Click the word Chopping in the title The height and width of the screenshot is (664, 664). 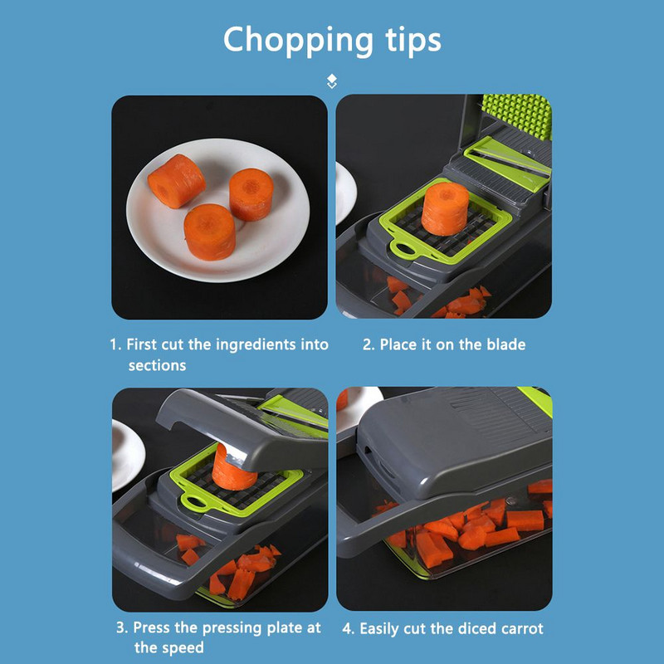pos(298,41)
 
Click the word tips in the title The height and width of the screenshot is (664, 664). pos(413,40)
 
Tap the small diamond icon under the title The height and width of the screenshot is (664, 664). pos(332,81)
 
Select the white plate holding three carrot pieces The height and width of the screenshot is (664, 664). pos(218,210)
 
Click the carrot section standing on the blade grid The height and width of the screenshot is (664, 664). pos(445,209)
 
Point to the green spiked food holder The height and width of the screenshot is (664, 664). pos(517,115)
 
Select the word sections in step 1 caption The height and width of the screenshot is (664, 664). pos(157,365)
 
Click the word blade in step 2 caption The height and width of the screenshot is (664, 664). pos(506,344)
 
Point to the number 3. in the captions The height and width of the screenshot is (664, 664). pos(122,627)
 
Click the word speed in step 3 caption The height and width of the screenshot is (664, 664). pos(183,648)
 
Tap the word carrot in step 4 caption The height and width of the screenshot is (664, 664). pos(522,628)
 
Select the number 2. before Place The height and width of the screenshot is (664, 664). pos(369,344)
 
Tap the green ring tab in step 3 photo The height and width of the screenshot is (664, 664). pos(194,503)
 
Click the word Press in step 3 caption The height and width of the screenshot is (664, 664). pos(152,627)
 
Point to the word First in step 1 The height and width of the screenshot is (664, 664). pos(141,344)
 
